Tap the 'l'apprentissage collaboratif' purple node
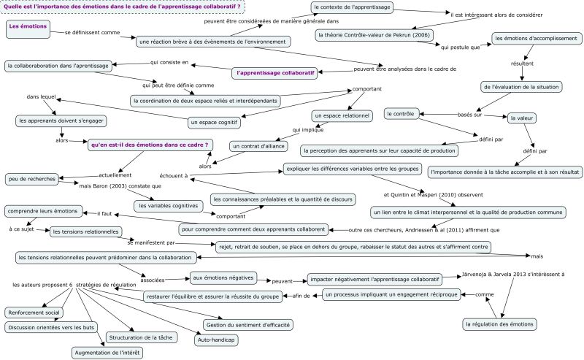click(x=275, y=73)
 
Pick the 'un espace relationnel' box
click(x=341, y=115)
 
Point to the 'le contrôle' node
click(x=401, y=113)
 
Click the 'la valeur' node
click(x=522, y=117)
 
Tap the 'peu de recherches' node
click(x=32, y=178)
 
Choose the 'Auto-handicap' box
click(x=216, y=339)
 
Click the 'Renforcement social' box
click(x=34, y=312)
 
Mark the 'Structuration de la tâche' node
click(x=140, y=337)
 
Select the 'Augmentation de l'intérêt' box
click(x=107, y=353)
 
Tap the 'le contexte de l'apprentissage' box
click(x=352, y=7)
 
